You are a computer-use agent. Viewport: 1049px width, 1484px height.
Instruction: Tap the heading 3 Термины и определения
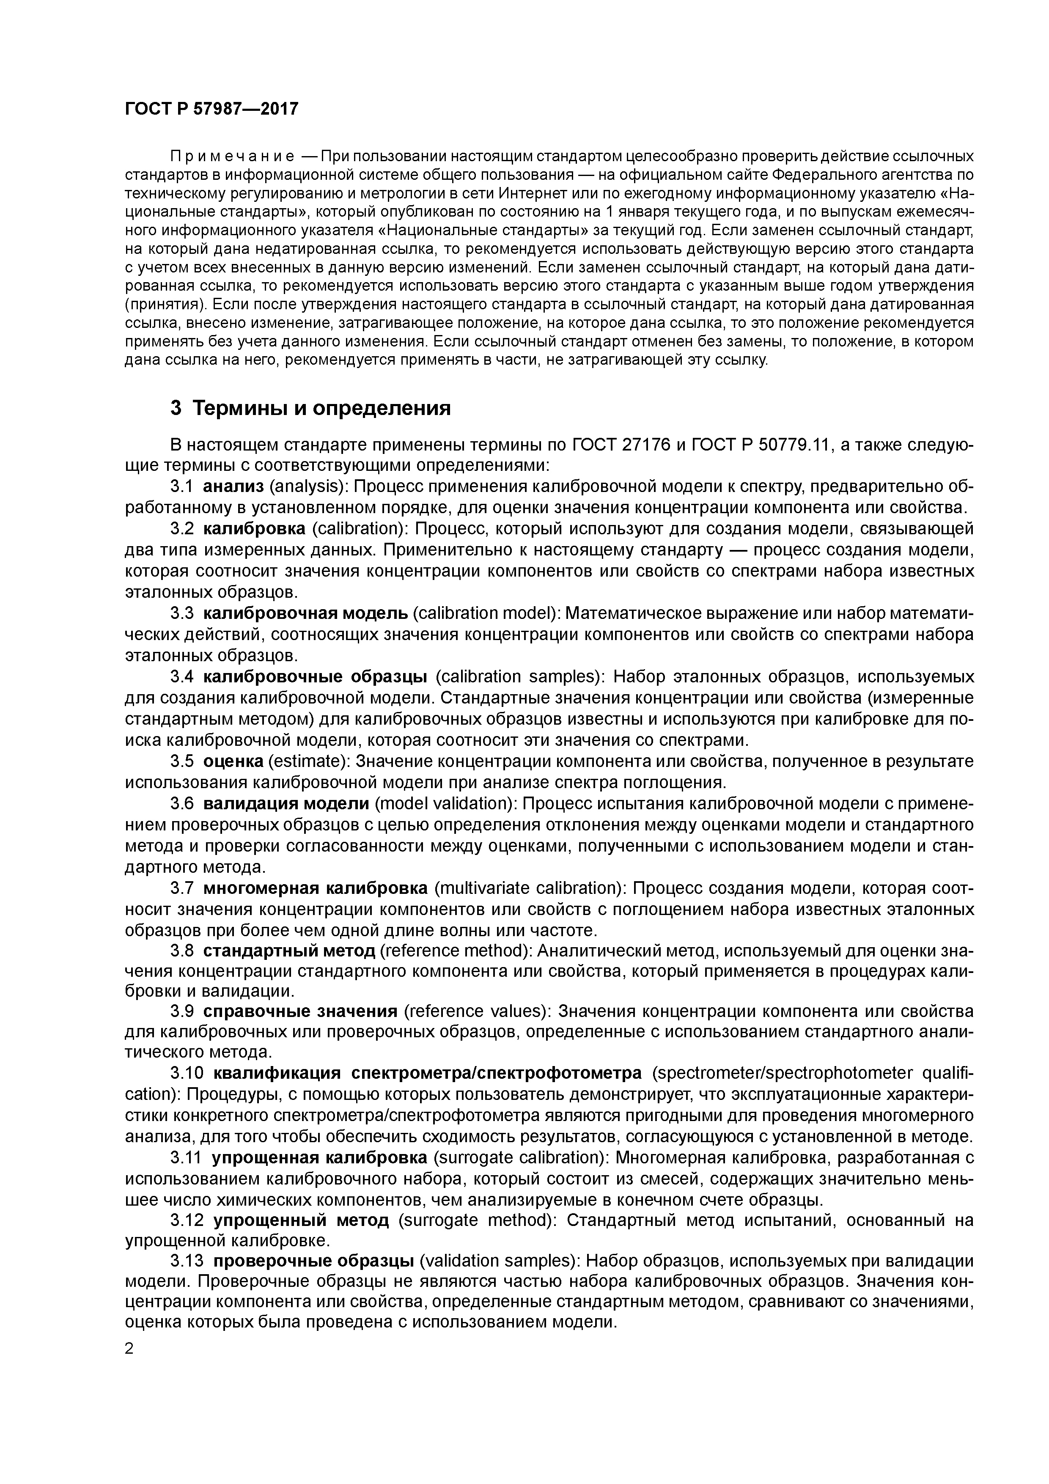pos(310,409)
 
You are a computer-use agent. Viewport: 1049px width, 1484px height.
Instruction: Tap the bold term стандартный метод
pos(289,951)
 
